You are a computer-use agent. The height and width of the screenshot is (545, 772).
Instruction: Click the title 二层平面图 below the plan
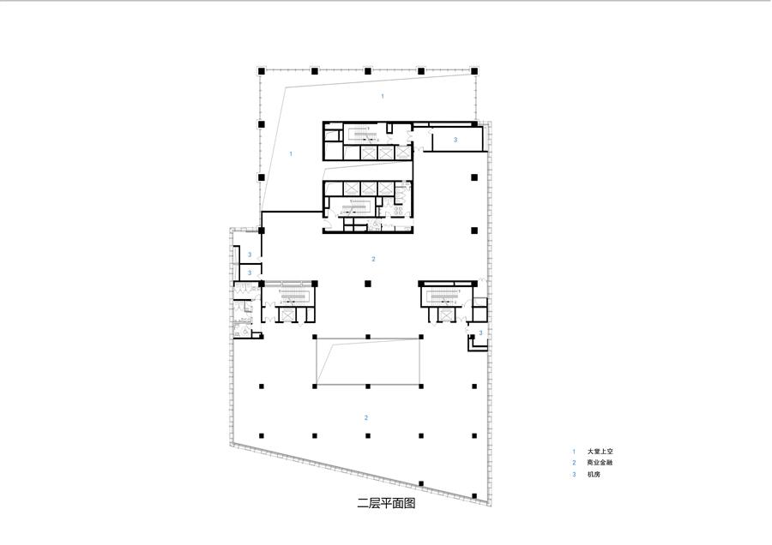pyautogui.click(x=386, y=503)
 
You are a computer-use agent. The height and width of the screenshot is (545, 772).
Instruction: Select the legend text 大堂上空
pyautogui.click(x=600, y=451)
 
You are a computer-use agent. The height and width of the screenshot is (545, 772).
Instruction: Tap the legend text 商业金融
pyautogui.click(x=600, y=463)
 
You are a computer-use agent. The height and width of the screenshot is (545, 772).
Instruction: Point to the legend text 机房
pyautogui.click(x=594, y=474)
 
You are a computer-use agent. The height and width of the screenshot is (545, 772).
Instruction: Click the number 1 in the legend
pyautogui.click(x=574, y=451)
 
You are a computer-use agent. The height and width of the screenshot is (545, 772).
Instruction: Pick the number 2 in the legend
pyautogui.click(x=574, y=463)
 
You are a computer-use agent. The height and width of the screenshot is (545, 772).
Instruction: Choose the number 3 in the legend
pyautogui.click(x=574, y=474)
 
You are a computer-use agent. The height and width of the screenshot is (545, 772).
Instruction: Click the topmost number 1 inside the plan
pyautogui.click(x=383, y=97)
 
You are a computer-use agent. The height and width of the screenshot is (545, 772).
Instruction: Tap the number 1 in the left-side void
pyautogui.click(x=291, y=154)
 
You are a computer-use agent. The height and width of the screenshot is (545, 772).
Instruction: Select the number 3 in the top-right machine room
pyautogui.click(x=455, y=140)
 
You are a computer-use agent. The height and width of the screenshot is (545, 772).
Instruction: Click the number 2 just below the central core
pyautogui.click(x=373, y=259)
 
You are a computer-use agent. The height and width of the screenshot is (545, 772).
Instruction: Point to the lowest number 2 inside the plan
pyautogui.click(x=365, y=417)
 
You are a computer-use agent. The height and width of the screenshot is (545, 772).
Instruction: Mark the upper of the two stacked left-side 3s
pyautogui.click(x=250, y=255)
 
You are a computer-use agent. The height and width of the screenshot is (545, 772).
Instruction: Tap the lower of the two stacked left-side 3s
pyautogui.click(x=250, y=272)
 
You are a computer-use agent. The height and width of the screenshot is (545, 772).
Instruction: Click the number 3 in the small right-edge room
pyautogui.click(x=481, y=332)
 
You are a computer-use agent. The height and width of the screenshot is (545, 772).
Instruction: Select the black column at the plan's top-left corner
pyautogui.click(x=262, y=71)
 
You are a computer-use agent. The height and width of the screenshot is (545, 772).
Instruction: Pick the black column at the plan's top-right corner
pyautogui.click(x=474, y=71)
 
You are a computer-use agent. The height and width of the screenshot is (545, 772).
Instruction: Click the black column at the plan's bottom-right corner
pyautogui.click(x=474, y=496)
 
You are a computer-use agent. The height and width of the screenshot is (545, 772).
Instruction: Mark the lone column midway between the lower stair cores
pyautogui.click(x=368, y=284)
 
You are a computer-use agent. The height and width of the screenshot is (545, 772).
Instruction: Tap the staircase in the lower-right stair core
pyautogui.click(x=443, y=296)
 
